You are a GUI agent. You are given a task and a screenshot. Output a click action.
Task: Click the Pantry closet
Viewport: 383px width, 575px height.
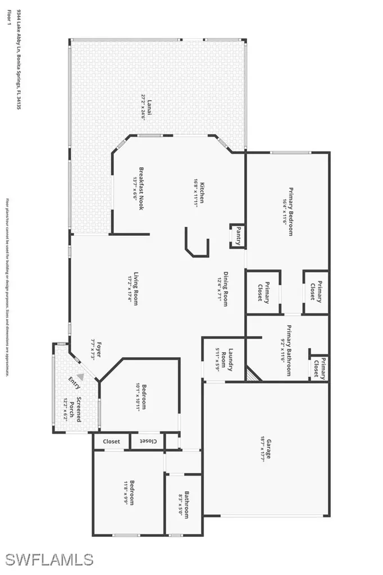(x=238, y=235)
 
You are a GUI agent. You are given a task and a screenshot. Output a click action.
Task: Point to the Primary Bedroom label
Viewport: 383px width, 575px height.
(x=291, y=211)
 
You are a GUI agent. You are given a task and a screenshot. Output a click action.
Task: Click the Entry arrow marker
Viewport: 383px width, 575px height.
(x=81, y=378)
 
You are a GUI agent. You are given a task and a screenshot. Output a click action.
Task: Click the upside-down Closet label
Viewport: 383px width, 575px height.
(x=148, y=441)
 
